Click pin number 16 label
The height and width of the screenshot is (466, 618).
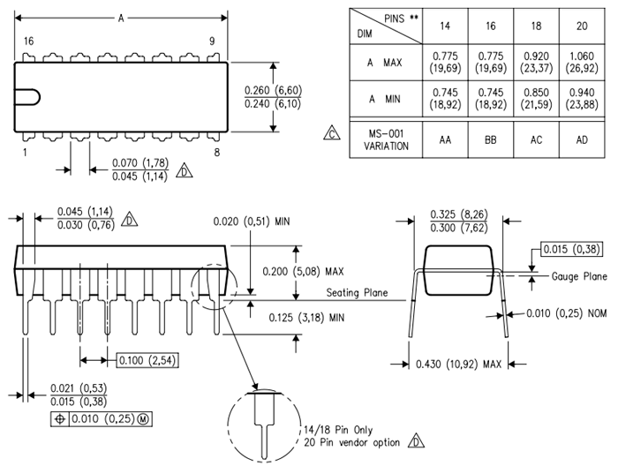[29, 41]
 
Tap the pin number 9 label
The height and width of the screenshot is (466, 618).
[212, 41]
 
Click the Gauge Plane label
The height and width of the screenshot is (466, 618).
[579, 276]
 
